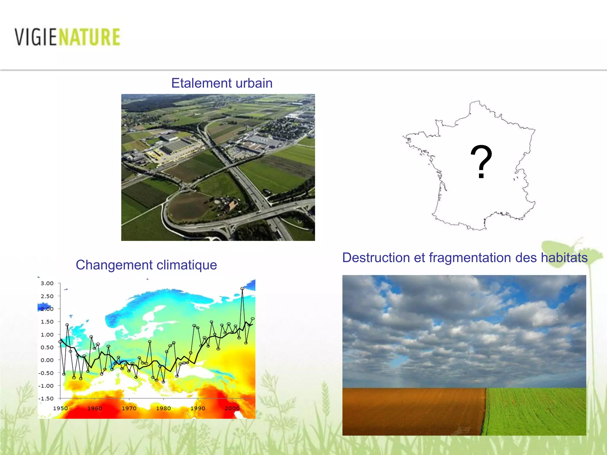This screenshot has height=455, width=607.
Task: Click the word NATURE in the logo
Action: click(90, 37)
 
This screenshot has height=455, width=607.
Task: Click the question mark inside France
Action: click(481, 162)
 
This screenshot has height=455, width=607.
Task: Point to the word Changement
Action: click(114, 265)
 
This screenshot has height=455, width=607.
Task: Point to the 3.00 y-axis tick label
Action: click(47, 283)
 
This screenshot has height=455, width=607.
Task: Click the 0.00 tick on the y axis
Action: click(47, 360)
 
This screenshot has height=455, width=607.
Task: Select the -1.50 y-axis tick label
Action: click(46, 399)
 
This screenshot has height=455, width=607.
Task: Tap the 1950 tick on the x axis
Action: click(60, 408)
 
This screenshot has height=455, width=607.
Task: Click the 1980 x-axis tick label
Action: click(163, 408)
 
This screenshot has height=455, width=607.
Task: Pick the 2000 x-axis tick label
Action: click(232, 408)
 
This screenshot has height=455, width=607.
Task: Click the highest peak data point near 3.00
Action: click(242, 289)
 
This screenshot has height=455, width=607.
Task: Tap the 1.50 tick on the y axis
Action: click(47, 322)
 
